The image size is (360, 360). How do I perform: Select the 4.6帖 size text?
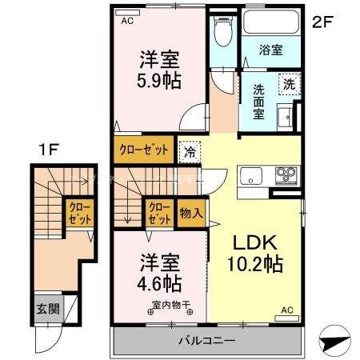pyautogui.click(x=157, y=283)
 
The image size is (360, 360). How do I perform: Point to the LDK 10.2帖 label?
pyautogui.click(x=255, y=254)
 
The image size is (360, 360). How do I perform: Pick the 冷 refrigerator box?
pyautogui.click(x=190, y=149)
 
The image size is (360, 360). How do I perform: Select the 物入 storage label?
pyautogui.click(x=191, y=214)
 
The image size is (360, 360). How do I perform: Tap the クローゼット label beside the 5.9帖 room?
pyautogui.click(x=145, y=149)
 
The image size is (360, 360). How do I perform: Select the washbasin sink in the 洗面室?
pyautogui.click(x=286, y=120)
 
